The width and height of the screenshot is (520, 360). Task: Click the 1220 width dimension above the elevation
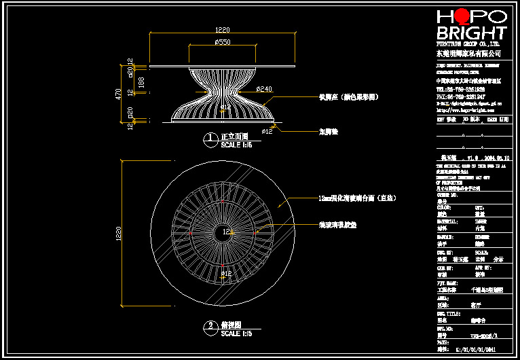(x=223, y=30)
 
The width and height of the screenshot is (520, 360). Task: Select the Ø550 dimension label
(x=222, y=42)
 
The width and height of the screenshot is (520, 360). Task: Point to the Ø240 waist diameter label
(x=264, y=89)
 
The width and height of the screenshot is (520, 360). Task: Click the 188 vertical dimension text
(x=141, y=82)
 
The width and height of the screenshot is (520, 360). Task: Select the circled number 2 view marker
(x=211, y=327)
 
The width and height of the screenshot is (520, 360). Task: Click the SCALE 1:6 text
(x=236, y=145)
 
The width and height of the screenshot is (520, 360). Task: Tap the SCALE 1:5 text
(x=236, y=333)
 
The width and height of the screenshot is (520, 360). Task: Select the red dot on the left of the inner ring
(x=191, y=233)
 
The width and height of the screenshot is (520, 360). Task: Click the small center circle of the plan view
(x=223, y=232)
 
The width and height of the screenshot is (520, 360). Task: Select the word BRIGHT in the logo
(x=471, y=33)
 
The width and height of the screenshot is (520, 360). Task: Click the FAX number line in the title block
(x=461, y=96)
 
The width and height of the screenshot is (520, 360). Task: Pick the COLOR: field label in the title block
(x=444, y=207)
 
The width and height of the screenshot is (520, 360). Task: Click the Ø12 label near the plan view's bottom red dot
(x=227, y=274)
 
